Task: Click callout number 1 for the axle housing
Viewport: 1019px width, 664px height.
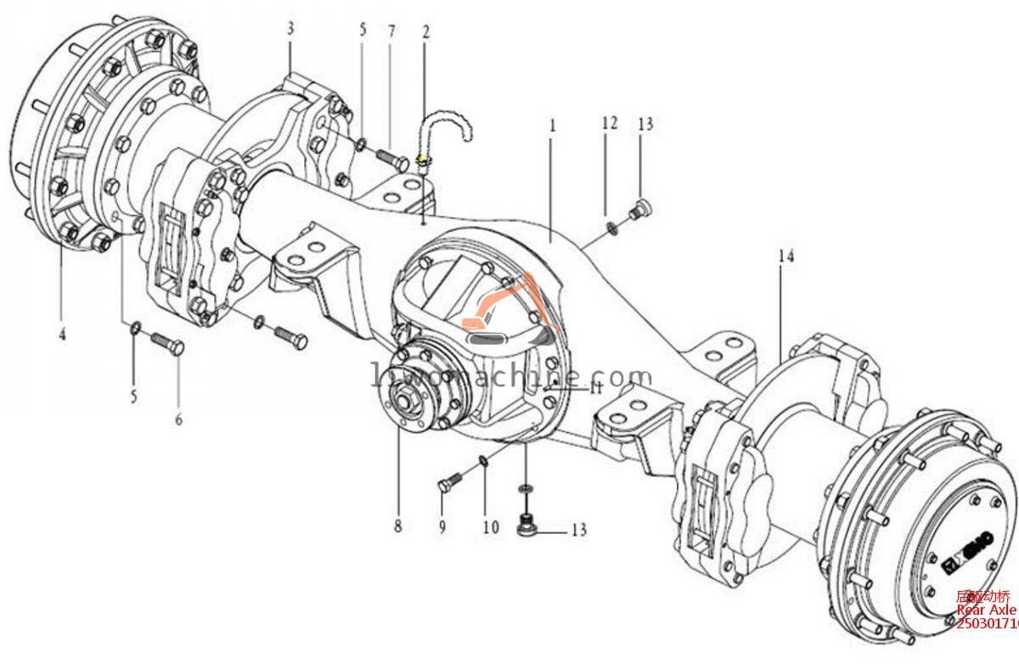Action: [552, 126]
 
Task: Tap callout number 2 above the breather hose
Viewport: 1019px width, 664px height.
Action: [425, 33]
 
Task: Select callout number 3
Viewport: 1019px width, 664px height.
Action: [290, 28]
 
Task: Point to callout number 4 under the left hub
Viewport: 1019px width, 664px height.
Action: [62, 334]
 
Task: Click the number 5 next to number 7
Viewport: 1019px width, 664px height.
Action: [363, 31]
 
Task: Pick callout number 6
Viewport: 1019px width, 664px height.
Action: [178, 419]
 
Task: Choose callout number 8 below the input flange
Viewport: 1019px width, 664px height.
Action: [397, 526]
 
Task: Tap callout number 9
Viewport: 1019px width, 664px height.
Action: [442, 527]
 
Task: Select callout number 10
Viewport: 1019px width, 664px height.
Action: [491, 527]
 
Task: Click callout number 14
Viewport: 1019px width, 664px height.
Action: [786, 256]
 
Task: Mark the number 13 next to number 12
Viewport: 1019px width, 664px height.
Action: [645, 124]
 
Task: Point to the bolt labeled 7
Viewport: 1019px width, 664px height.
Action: [390, 157]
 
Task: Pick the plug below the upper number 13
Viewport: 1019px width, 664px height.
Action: [642, 206]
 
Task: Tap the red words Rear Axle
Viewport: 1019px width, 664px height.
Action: [985, 611]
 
